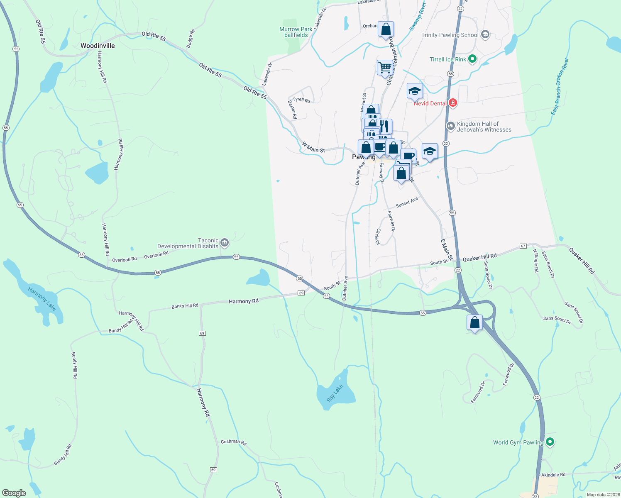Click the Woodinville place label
[x=98, y=46]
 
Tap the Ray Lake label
[x=335, y=393]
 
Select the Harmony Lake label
[x=42, y=298]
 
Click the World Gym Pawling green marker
[x=550, y=442]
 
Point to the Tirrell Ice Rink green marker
[x=472, y=59]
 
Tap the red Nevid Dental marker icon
[x=452, y=103]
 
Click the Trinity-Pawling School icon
[x=485, y=35]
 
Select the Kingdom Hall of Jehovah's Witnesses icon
[x=450, y=126]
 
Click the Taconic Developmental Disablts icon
[x=225, y=242]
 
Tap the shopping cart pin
[x=385, y=67]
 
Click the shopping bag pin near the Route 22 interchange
[x=474, y=322]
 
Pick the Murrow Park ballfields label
[x=296, y=32]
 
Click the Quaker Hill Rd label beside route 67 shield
[x=479, y=258]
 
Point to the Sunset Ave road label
[x=407, y=203]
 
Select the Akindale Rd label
[x=553, y=474]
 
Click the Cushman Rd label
[x=233, y=442]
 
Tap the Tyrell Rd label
[x=301, y=100]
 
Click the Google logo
[x=14, y=493]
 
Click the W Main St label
[x=313, y=147]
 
